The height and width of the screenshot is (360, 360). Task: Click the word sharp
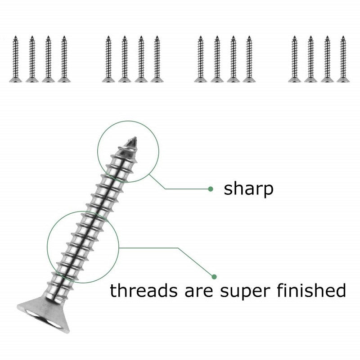248,189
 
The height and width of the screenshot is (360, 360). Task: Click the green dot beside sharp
210,189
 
